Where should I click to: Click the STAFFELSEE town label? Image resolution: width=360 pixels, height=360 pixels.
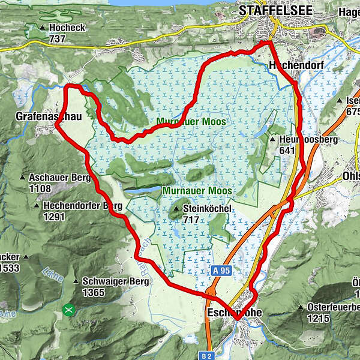(x=269, y=10)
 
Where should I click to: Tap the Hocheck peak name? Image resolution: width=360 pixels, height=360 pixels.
(x=68, y=28)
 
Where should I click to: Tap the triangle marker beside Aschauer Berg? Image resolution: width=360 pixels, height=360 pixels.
(x=22, y=178)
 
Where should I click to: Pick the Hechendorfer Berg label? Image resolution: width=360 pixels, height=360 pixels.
(x=82, y=206)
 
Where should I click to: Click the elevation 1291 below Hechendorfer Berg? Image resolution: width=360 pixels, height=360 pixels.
(x=53, y=217)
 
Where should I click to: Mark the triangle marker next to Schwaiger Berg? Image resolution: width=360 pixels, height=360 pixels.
(x=76, y=281)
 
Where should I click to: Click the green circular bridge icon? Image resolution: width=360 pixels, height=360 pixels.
(x=70, y=310)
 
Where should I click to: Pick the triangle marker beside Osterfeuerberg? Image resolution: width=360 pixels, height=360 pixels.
(x=301, y=308)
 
